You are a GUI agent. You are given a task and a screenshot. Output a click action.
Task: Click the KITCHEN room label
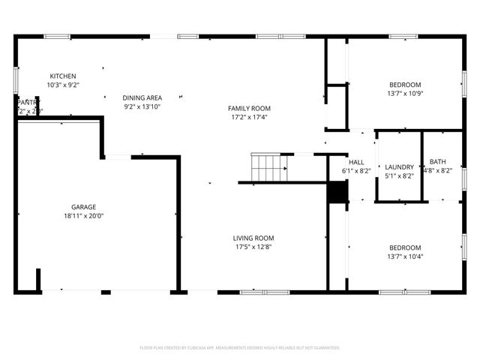click(63, 76)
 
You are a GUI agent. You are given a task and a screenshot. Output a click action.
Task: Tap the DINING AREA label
click(142, 98)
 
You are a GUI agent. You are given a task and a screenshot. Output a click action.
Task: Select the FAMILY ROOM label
click(250, 109)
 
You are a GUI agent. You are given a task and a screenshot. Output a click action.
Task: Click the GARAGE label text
click(83, 207)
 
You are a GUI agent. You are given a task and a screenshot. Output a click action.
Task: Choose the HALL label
click(356, 162)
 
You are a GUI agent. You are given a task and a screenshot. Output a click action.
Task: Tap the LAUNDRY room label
click(399, 167)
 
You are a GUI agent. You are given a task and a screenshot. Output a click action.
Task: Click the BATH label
click(437, 162)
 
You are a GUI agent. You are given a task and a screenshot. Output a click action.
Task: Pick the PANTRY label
click(28, 102)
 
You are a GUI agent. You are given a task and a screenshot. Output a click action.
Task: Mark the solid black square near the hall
click(338, 193)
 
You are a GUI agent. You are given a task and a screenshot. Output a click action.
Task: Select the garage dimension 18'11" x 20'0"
click(83, 216)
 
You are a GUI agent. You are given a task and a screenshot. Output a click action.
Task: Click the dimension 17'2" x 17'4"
click(250, 118)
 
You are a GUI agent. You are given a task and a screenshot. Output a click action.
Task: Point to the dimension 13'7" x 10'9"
click(405, 94)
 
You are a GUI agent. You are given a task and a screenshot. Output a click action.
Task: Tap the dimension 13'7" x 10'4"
click(405, 256)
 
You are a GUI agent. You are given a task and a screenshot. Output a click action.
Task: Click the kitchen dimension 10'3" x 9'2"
click(63, 85)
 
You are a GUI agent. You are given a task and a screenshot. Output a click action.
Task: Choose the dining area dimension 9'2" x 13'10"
click(142, 107)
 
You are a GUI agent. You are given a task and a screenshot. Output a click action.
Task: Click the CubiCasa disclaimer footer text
click(240, 348)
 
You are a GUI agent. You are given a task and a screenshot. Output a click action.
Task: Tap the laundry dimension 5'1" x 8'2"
click(399, 176)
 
